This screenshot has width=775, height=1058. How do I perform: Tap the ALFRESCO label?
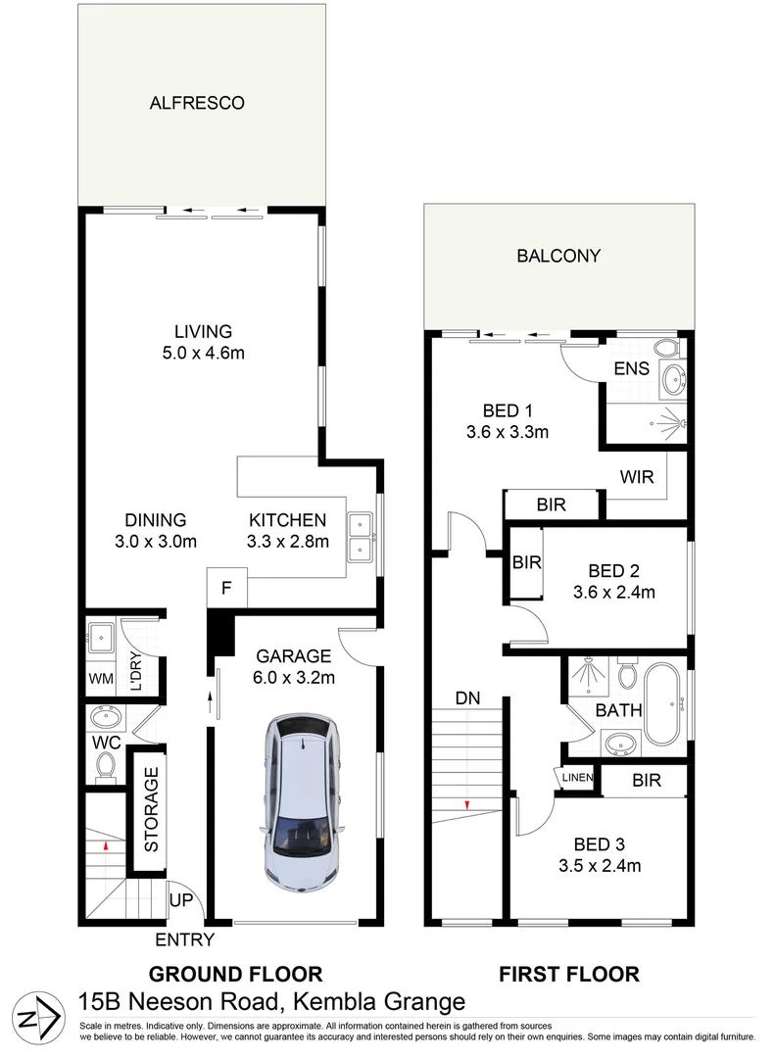[196, 103]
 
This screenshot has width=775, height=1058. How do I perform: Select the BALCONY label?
[557, 257]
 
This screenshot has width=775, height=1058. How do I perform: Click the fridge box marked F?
[226, 590]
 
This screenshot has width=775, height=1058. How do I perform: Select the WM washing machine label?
[101, 678]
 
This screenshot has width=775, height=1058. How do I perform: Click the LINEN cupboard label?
[578, 778]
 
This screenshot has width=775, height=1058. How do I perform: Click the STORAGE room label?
[152, 809]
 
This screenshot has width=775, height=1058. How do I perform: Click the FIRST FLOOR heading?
[569, 975]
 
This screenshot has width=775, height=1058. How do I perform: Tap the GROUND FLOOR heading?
[234, 975]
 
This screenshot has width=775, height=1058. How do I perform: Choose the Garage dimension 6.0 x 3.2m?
[294, 677]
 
